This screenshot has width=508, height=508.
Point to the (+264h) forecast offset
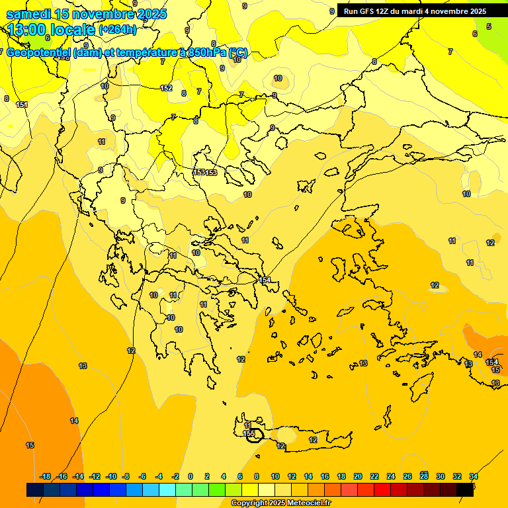point(117,30)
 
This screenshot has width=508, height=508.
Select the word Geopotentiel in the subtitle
point(40,53)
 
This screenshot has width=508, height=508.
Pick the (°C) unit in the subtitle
point(238,53)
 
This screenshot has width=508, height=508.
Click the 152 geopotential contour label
point(166,88)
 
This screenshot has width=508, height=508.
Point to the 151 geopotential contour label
point(21,105)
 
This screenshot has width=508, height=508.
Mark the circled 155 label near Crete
point(250,434)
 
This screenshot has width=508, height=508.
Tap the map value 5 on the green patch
point(489,26)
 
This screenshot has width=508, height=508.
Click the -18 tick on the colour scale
point(46,476)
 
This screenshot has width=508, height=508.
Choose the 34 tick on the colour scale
point(474,476)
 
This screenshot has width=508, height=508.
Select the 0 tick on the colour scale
point(190,476)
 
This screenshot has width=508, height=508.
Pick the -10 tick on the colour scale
point(111,476)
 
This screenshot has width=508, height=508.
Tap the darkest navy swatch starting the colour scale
point(35,489)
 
